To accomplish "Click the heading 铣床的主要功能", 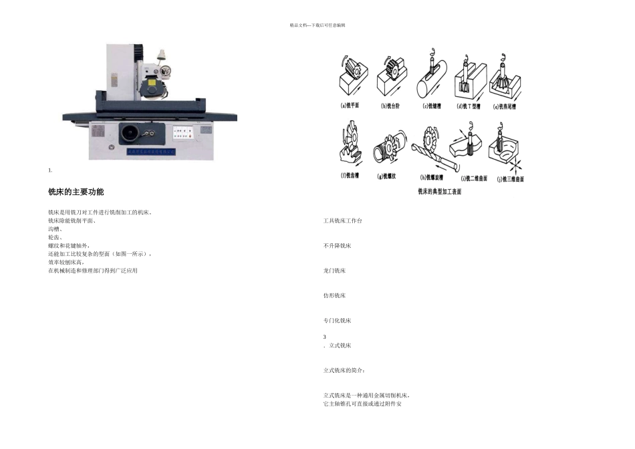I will point(76,192).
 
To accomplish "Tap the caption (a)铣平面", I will point(350,106).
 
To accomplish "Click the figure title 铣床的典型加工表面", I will point(439,191).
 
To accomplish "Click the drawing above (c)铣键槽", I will point(431,75).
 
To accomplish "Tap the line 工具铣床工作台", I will point(342,220).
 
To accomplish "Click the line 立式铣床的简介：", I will point(344,369).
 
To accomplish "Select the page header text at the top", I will point(317,25).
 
